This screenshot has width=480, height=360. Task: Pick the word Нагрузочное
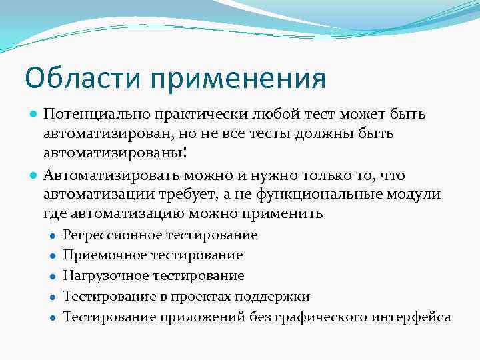point(105,276)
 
